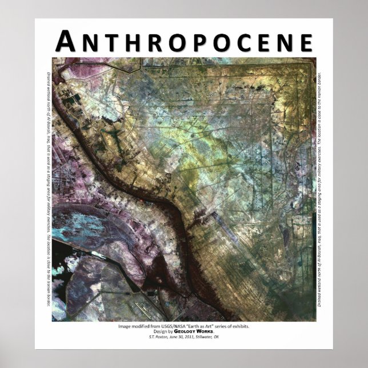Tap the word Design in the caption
pyautogui.click(x=162, y=331)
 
